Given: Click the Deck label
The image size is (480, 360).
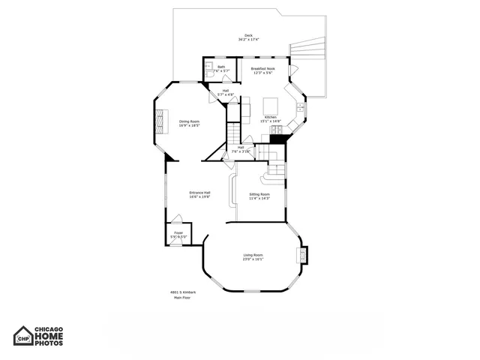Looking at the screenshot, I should [x=248, y=35].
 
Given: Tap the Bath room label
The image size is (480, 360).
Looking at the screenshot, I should [x=221, y=67].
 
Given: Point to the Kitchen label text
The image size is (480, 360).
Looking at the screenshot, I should [x=270, y=117].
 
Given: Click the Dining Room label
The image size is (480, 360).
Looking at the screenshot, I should [x=189, y=121].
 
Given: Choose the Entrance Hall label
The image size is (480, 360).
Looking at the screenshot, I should [x=199, y=193].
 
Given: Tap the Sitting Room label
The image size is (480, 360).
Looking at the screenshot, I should [x=259, y=194].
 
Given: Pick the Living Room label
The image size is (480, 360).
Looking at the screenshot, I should [x=252, y=255].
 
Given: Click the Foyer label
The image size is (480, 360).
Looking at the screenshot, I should [x=178, y=233].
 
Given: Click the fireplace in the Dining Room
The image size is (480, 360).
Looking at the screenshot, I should [x=159, y=121].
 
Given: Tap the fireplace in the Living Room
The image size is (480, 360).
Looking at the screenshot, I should [x=302, y=255].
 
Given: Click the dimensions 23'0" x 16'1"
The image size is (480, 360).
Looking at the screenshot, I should [x=252, y=259].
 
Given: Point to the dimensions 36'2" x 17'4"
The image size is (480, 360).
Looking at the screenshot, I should [x=248, y=39].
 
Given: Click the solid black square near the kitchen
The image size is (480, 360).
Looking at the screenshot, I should [x=279, y=139].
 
